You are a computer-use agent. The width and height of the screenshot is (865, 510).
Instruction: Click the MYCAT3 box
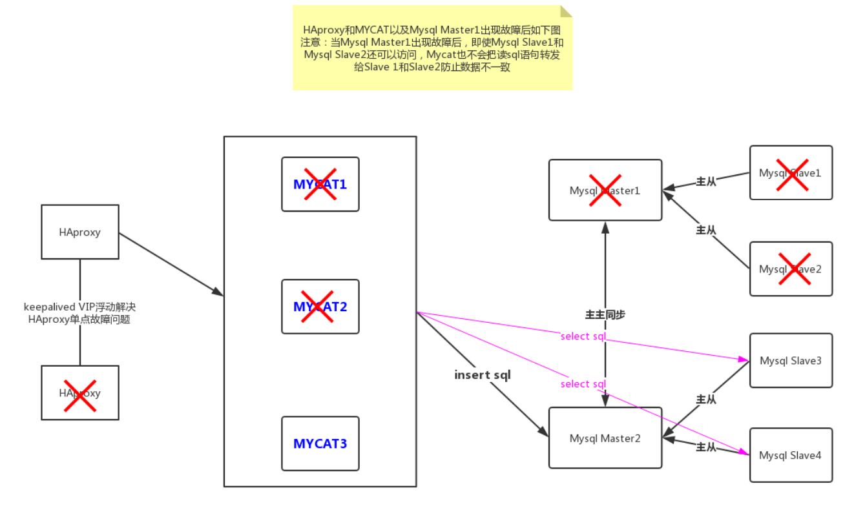320,444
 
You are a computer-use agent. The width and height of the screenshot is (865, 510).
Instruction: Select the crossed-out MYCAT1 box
320,184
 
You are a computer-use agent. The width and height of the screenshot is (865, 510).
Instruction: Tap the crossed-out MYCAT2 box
320,307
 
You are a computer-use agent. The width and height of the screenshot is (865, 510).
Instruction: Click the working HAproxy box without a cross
80,232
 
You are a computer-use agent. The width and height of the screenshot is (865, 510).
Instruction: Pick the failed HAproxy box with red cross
80,393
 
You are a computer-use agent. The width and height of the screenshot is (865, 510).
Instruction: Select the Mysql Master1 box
605,190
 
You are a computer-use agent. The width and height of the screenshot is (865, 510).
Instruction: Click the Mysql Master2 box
605,438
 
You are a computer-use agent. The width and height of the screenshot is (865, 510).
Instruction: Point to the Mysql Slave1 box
791,172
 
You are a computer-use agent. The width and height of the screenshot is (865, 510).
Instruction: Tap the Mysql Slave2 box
791,269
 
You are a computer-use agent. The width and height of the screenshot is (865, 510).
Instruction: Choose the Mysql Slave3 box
791,360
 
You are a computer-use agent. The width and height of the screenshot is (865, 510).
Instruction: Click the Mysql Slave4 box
791,455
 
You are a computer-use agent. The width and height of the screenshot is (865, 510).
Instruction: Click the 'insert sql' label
483,374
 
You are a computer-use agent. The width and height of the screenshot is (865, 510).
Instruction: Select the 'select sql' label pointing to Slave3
583,336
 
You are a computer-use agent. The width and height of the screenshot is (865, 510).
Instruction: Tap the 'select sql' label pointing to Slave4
583,384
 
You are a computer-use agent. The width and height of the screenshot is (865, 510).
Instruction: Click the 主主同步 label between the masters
605,315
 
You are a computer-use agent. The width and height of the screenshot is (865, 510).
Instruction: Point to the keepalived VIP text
79,313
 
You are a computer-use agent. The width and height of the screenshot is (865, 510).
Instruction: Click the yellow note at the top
433,48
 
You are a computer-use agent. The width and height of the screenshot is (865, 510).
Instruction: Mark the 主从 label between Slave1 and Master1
706,181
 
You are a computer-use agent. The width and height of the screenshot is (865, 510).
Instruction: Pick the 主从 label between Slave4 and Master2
706,447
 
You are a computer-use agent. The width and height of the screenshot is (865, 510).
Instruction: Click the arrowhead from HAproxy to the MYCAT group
218,292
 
